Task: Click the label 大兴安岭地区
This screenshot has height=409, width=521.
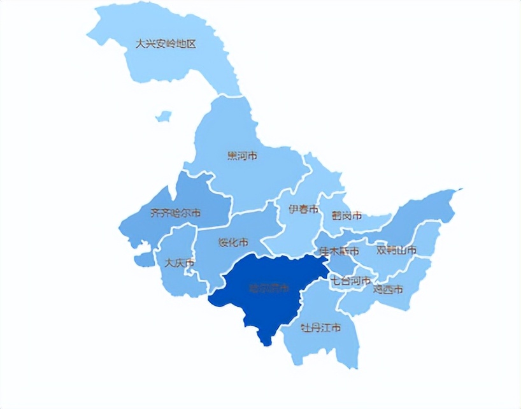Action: coord(166,45)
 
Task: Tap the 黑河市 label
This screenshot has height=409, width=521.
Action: coord(242,155)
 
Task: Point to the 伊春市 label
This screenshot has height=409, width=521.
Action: coord(303,210)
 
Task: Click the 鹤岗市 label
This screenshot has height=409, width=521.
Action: coord(346,216)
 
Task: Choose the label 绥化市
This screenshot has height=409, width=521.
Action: coord(233,243)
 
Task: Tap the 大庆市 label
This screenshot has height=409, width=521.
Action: coord(180,262)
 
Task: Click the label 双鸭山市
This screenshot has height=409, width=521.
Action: coord(396,250)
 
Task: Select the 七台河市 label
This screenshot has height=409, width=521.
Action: coord(350,280)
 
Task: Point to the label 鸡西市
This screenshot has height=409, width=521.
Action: coord(388,290)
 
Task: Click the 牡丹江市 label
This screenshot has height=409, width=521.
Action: coord(320,328)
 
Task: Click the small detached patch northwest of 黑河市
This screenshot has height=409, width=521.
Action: coord(164,117)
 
